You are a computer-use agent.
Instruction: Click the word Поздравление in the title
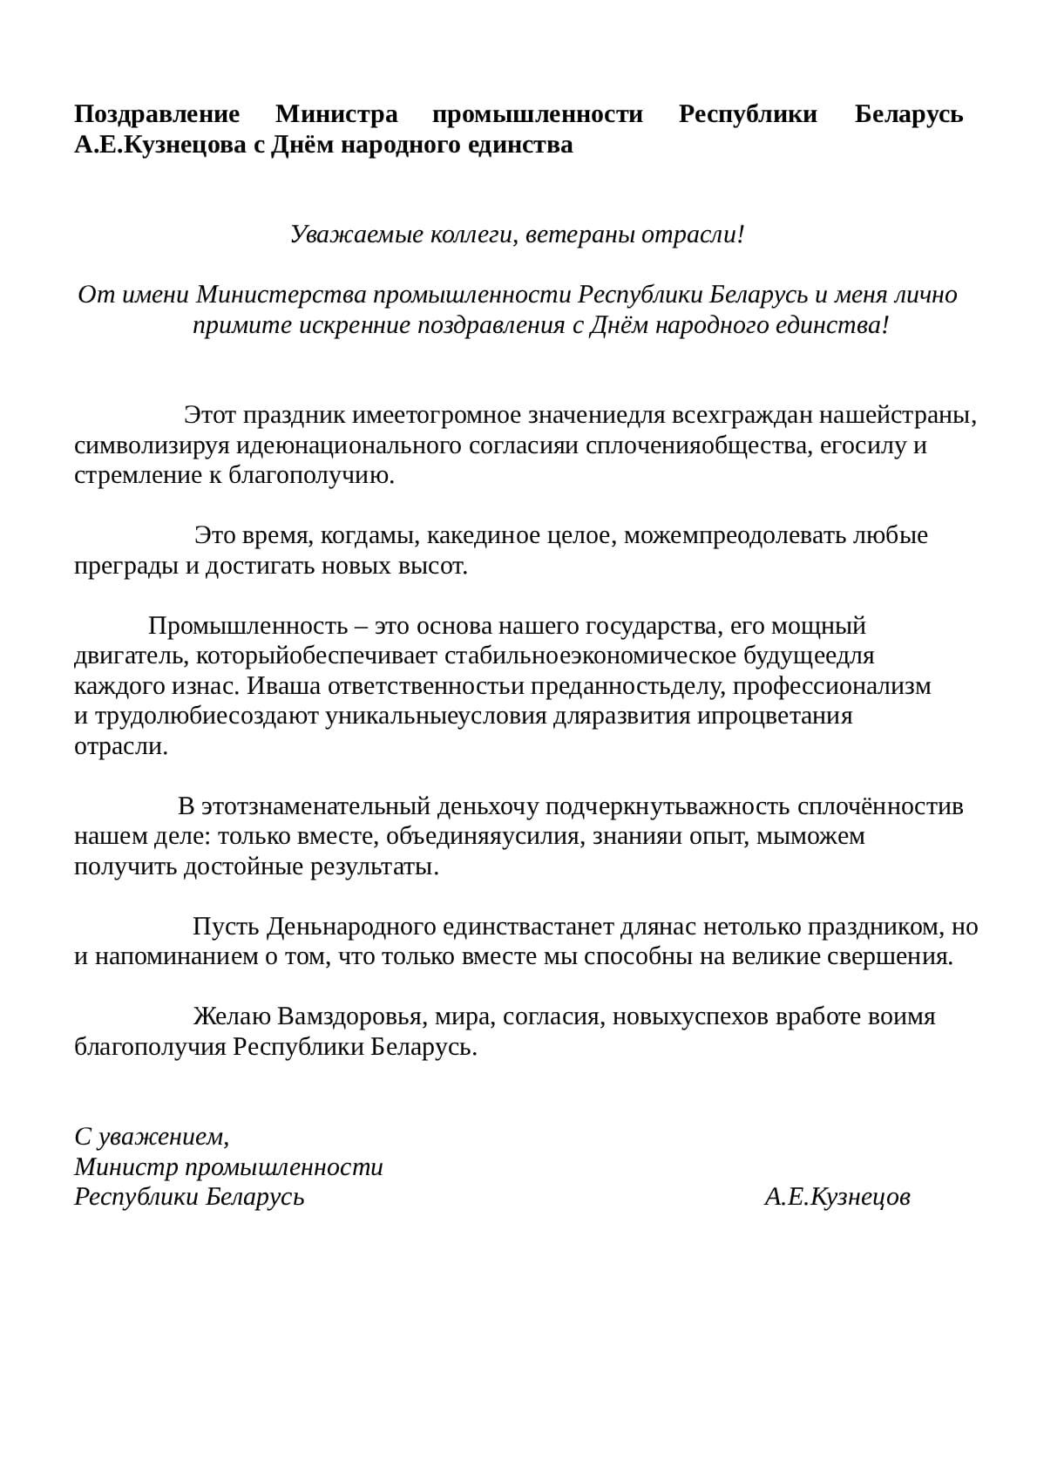[x=157, y=114]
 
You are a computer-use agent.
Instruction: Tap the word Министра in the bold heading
[x=336, y=114]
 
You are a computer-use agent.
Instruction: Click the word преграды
[x=126, y=567]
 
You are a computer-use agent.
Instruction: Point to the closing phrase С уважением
[x=152, y=1137]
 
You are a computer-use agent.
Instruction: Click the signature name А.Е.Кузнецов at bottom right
[x=837, y=1197]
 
